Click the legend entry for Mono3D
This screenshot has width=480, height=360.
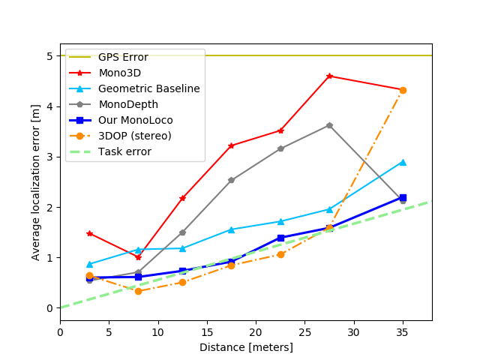[119, 73]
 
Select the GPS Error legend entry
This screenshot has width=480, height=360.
[123, 57]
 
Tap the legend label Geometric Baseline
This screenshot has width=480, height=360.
[148, 88]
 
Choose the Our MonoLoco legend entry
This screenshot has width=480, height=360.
[135, 120]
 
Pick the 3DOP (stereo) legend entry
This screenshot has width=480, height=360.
[134, 136]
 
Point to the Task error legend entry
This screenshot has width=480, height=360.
[124, 151]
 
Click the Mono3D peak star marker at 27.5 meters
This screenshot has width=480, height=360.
[329, 76]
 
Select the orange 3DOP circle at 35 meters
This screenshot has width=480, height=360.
[403, 90]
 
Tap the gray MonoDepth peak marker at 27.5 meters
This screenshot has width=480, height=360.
[329, 125]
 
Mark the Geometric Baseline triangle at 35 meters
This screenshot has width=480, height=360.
[403, 162]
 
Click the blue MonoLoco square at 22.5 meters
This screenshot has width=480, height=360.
[280, 238]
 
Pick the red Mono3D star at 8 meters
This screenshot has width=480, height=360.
[138, 257]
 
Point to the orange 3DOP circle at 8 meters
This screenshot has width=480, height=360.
[138, 291]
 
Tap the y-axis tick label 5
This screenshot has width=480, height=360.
[49, 56]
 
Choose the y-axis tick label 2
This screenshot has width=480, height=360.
[49, 207]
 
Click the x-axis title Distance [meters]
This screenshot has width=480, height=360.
[246, 347]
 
